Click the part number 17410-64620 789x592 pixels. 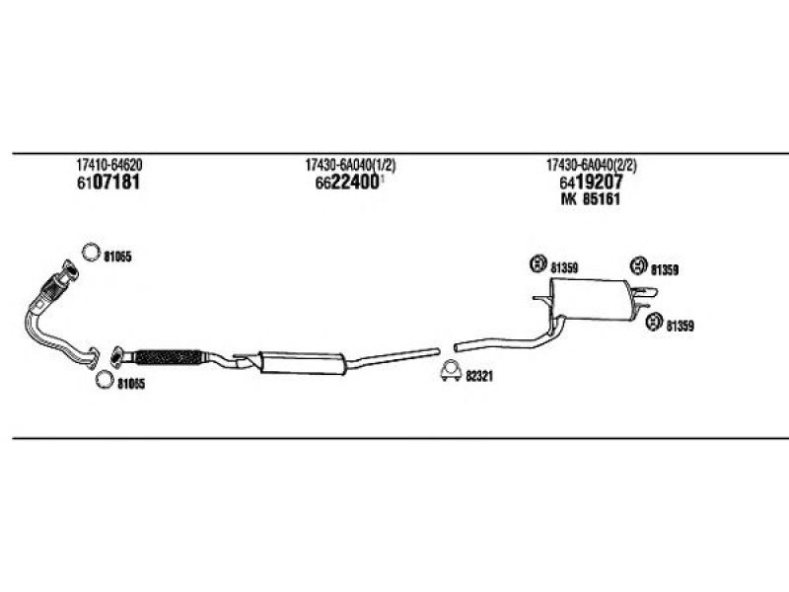click(109, 165)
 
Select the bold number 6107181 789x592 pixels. click(108, 183)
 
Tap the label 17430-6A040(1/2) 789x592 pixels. click(350, 165)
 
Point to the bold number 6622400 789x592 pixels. click(347, 183)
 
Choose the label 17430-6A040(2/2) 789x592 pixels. click(591, 165)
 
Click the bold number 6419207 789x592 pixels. click(591, 183)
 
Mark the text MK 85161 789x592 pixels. click(590, 199)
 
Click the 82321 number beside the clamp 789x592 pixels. click(478, 376)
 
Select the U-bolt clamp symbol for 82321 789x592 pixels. click(451, 371)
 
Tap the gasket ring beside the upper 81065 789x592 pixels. click(91, 252)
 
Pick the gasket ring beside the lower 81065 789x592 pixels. click(105, 379)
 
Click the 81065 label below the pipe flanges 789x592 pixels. click(131, 385)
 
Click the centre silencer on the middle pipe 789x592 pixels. click(302, 362)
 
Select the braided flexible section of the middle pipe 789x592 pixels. click(169, 357)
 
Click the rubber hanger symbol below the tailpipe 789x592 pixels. click(654, 322)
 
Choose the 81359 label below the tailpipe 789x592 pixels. click(680, 327)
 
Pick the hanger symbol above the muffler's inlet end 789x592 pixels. click(538, 263)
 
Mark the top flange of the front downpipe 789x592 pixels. click(70, 270)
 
